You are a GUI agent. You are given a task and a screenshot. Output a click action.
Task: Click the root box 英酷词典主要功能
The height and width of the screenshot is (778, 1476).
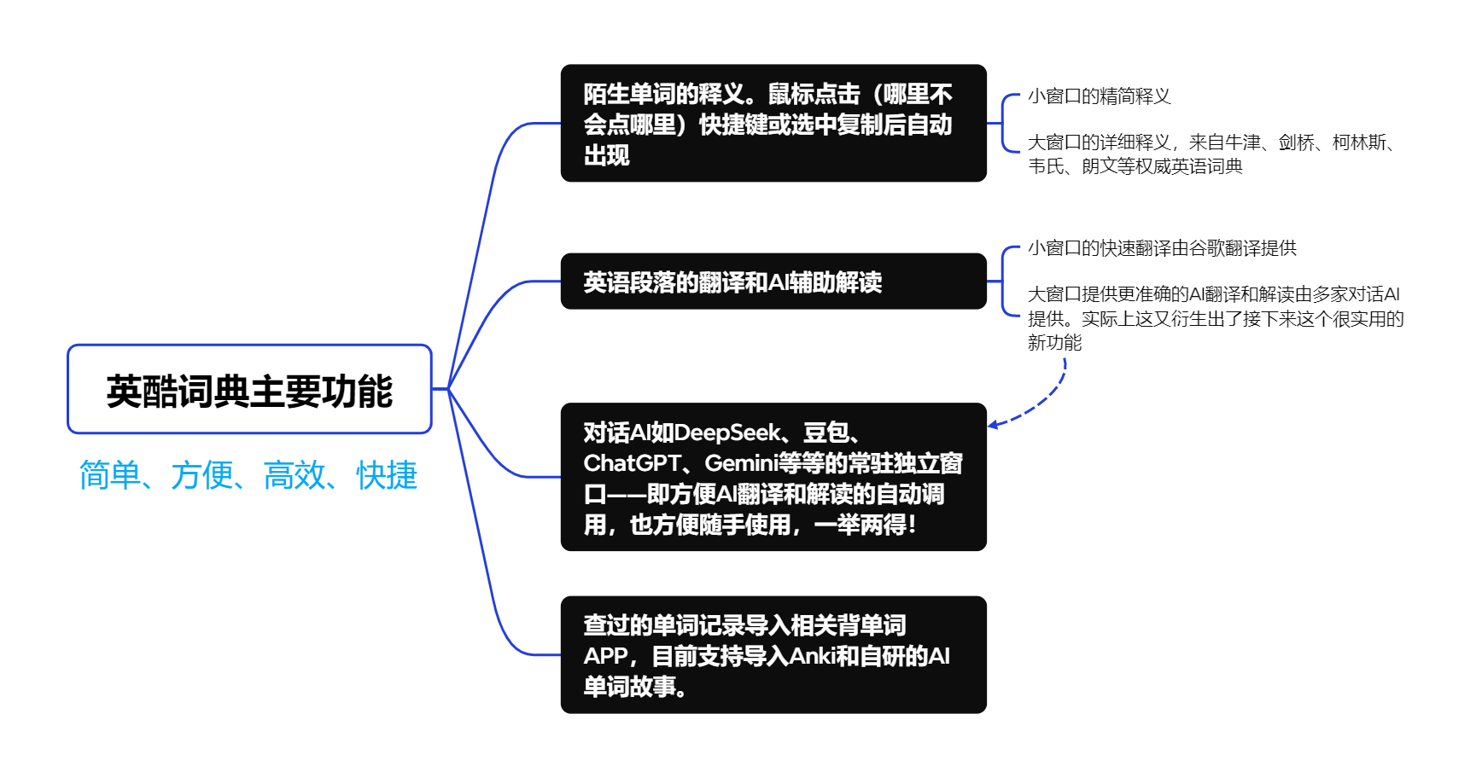[x=249, y=390]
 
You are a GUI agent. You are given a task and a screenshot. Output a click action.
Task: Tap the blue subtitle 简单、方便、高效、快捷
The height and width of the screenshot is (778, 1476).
[x=248, y=475]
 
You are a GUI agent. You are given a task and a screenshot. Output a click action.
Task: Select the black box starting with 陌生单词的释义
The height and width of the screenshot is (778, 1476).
[x=773, y=124]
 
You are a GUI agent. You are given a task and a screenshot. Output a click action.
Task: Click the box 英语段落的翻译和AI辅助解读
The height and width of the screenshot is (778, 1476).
[x=773, y=282]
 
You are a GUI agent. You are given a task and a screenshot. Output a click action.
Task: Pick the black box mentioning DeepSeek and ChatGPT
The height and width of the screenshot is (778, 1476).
[x=773, y=478]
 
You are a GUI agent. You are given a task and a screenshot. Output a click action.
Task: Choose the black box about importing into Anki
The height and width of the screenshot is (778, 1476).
[x=773, y=655]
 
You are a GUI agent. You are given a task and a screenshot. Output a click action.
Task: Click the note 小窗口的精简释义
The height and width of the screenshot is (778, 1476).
[x=1099, y=96]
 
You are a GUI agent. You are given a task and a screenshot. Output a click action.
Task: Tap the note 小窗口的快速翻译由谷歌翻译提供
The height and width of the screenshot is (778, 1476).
[x=1162, y=248]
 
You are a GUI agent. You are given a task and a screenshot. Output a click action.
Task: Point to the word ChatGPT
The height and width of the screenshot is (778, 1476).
[x=632, y=463]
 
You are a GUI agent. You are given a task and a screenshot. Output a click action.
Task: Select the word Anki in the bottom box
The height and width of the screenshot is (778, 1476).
[x=811, y=656]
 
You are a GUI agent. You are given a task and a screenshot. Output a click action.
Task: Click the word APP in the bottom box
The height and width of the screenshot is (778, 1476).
[x=605, y=656]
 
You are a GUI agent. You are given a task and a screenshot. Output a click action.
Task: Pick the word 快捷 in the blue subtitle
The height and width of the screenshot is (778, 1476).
[x=387, y=475]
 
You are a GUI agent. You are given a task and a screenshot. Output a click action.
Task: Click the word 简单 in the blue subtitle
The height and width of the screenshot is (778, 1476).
[x=109, y=475]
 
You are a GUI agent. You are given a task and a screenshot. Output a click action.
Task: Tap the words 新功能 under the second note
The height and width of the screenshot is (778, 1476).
[x=1054, y=343]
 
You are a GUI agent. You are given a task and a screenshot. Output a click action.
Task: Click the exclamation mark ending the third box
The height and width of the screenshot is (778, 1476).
[x=913, y=525]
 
